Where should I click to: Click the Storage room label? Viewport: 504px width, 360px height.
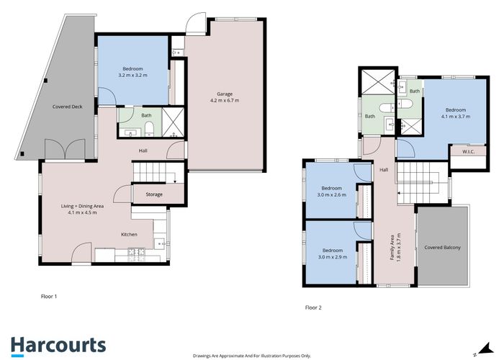153,194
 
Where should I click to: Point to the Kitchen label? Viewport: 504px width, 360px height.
129,235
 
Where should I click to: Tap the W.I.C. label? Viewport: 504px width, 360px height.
459,151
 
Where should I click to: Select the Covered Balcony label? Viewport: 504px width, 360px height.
442,248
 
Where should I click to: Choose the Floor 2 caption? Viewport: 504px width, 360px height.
313,307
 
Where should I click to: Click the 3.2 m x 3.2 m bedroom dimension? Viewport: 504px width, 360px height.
132,75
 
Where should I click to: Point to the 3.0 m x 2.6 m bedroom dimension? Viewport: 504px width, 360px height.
332,194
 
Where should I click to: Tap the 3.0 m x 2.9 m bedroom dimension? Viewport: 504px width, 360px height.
332,257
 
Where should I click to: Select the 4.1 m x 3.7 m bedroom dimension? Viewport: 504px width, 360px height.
455,116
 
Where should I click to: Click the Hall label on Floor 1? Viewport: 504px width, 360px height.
144,150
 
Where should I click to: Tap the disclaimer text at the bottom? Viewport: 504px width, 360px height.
251,356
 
